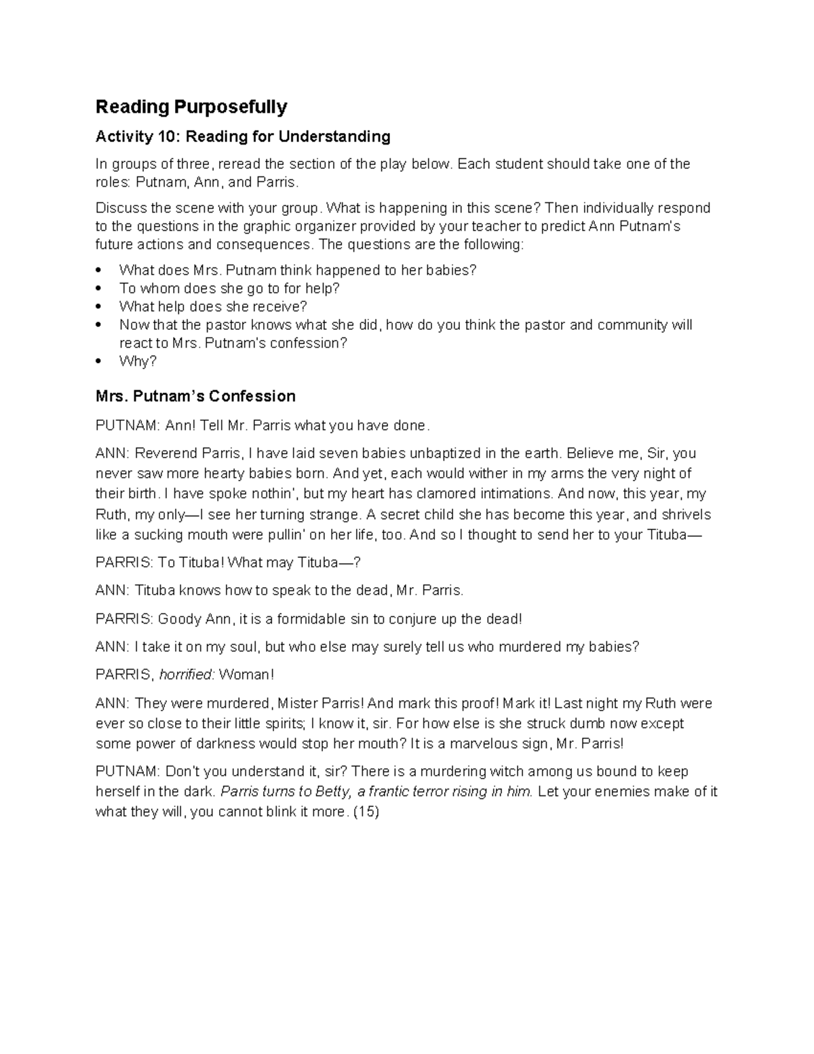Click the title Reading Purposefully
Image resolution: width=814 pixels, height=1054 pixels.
(x=191, y=107)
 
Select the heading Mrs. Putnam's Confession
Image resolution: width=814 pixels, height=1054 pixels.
(x=195, y=396)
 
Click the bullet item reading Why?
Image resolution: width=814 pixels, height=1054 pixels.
(x=138, y=361)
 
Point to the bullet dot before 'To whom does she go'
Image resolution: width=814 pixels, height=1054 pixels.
(x=100, y=288)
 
